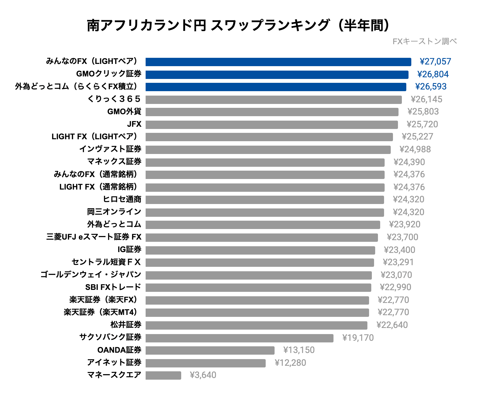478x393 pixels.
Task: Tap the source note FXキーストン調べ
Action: click(425, 41)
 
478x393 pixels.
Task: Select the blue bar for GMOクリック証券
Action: click(277, 74)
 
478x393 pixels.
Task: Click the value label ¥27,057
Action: click(435, 62)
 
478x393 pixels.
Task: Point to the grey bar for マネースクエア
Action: click(163, 375)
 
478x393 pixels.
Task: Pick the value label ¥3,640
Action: click(203, 375)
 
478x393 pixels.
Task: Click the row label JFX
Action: click(134, 124)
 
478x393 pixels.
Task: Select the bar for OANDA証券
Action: click(210, 350)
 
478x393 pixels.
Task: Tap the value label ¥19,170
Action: click(358, 338)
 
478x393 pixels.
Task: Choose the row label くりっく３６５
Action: click(114, 99)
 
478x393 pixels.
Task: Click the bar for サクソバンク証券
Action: click(239, 338)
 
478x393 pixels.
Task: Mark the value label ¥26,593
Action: click(431, 87)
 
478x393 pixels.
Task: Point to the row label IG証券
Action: click(130, 250)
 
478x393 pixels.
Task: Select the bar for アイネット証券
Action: click(205, 363)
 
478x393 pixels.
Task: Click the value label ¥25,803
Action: click(423, 112)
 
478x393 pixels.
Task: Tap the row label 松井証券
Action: click(126, 325)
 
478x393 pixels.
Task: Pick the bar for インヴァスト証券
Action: click(268, 150)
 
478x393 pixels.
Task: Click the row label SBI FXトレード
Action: click(113, 287)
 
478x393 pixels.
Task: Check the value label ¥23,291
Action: click(398, 262)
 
